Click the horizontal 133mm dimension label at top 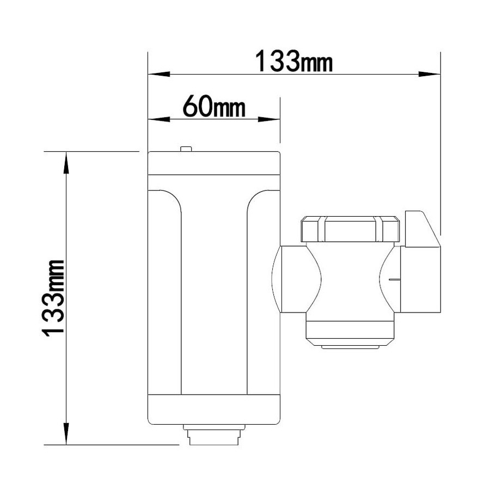294,61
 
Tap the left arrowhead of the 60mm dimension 159,119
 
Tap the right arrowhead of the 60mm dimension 269,119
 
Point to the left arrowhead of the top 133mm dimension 159,75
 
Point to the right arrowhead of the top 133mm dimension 430,75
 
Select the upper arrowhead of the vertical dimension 66,162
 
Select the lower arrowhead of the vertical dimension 66,433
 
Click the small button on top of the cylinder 186,149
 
